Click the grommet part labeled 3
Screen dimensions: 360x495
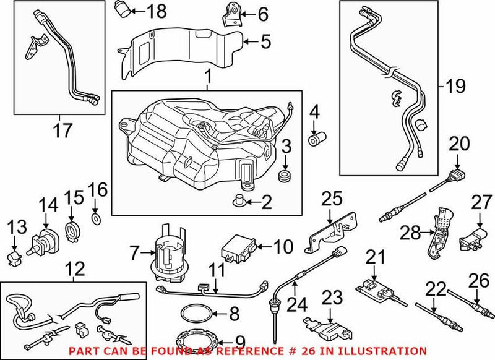[x=286, y=176]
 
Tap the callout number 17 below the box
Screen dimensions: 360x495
[x=59, y=131]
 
